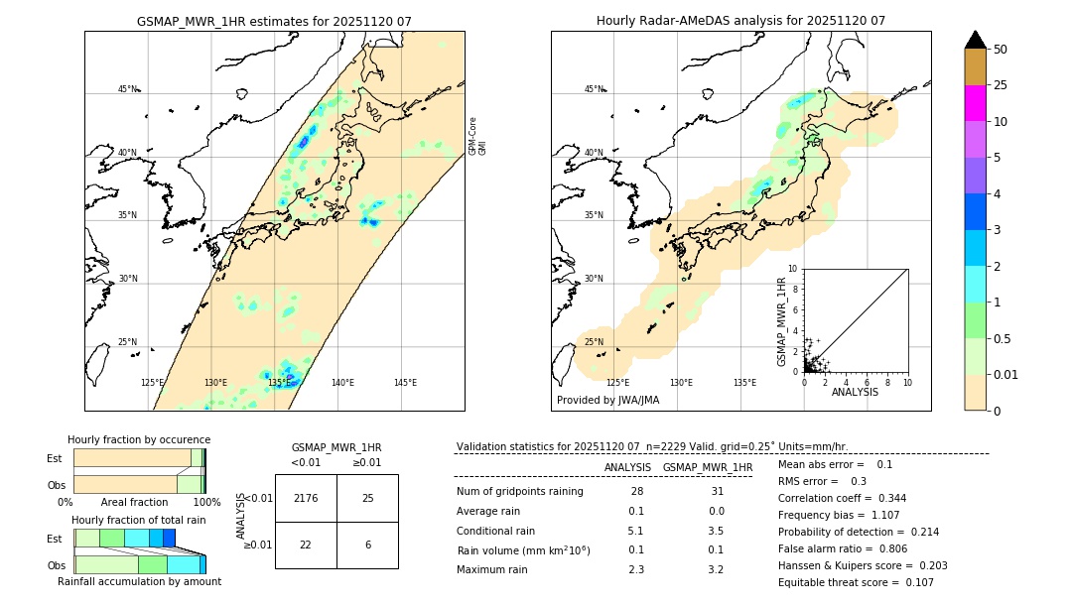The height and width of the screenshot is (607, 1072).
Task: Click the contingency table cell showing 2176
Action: pos(306,498)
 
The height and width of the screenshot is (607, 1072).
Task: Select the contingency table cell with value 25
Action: pos(367,498)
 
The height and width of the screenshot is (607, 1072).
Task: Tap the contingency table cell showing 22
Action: pos(306,545)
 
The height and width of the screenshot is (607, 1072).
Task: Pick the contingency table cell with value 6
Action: pos(367,545)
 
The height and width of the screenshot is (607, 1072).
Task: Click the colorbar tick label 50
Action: pos(1001,49)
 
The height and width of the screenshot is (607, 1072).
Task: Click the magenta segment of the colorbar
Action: pos(976,103)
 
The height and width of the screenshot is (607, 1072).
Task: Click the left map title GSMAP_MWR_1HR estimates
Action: pos(274,21)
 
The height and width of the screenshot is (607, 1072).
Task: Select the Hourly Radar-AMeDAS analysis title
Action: pos(740,21)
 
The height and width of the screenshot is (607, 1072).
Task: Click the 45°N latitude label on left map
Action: pos(128,89)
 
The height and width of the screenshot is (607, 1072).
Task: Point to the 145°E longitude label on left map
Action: pos(405,383)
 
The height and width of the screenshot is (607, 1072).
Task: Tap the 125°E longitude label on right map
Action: pos(617,383)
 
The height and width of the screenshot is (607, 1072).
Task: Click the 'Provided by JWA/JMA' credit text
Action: pos(607,401)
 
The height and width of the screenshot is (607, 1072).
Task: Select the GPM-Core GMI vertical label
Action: pos(477,135)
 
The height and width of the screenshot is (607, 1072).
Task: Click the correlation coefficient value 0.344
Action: pos(885,498)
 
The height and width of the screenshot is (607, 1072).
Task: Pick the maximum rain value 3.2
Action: pos(715,569)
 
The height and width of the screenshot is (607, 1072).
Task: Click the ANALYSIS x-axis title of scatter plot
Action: pos(855,393)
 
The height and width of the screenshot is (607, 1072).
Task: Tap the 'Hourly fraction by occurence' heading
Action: pos(139,439)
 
